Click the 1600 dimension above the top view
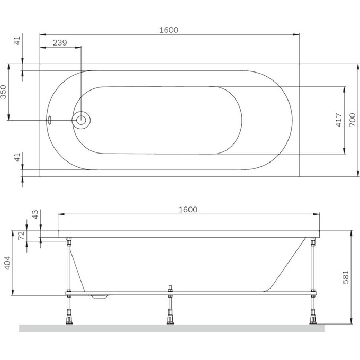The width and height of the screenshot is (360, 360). coord(169,30)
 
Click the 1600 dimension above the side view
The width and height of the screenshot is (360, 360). coord(188,210)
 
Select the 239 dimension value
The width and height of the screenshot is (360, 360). coord(60,43)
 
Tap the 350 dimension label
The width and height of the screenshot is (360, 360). coord(4,92)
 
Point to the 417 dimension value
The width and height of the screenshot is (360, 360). coord(339,120)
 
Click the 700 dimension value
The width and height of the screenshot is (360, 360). coord(353,120)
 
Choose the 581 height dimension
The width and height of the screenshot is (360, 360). coord(346,277)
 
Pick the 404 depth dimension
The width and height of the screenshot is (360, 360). coord(7,263)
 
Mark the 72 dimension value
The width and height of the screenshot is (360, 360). coord(21,236)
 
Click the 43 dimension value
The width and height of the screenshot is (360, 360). coord(35,214)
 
